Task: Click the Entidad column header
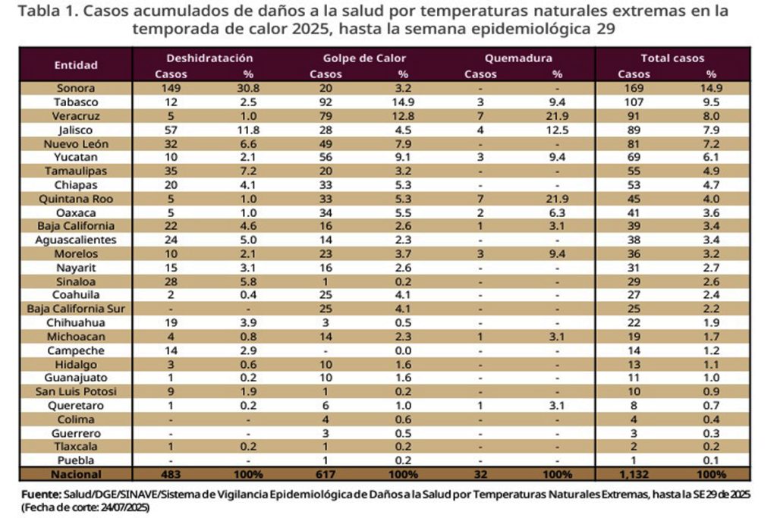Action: (76, 65)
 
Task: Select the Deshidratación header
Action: (209, 58)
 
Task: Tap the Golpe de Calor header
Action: (364, 58)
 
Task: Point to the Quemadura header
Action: (517, 58)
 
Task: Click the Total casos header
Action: (672, 58)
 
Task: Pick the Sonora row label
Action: (75, 88)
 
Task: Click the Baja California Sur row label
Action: (75, 309)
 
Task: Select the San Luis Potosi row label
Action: (75, 391)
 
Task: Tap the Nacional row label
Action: (75, 474)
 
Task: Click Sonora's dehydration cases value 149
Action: (171, 88)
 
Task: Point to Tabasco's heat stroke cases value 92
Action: (326, 102)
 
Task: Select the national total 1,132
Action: (634, 474)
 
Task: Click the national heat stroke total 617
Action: (326, 474)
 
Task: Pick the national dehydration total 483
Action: (171, 474)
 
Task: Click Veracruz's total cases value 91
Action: (634, 116)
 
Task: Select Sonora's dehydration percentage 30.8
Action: (247, 88)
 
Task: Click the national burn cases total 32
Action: (480, 474)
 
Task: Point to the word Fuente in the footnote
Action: (40, 494)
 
